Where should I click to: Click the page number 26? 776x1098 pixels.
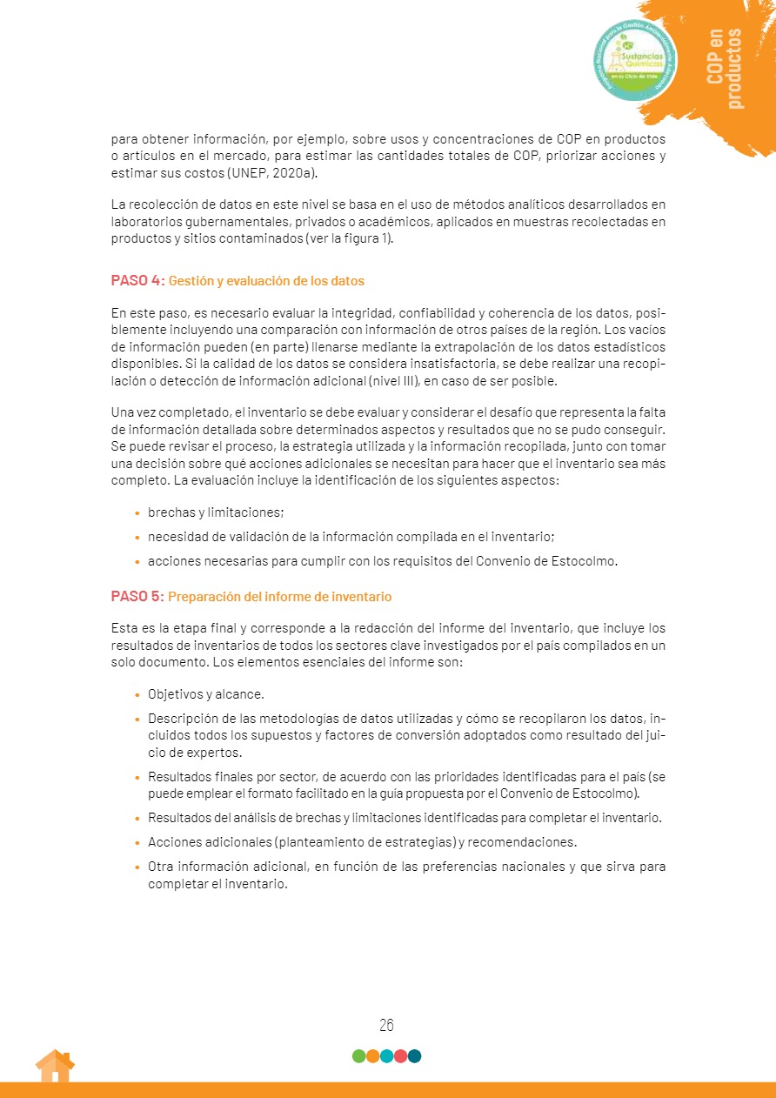[x=387, y=1025]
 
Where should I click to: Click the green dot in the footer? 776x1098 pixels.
[x=358, y=1056]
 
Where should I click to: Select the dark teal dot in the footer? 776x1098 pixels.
[x=414, y=1056]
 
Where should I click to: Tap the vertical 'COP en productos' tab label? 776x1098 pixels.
[x=725, y=69]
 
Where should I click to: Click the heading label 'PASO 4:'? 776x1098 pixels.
[x=137, y=281]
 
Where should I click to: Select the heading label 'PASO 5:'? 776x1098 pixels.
[x=137, y=597]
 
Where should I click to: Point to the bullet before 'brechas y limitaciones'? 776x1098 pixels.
[x=137, y=513]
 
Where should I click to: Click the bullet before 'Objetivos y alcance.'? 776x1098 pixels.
[x=137, y=695]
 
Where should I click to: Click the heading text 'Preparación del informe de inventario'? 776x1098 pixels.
[x=279, y=597]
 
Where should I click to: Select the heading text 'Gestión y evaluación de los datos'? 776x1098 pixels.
[x=266, y=281]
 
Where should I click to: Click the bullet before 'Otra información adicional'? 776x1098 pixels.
[x=137, y=867]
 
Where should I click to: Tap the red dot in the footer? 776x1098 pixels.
[x=400, y=1056]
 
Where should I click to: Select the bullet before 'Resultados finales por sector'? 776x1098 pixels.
[x=137, y=775]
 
